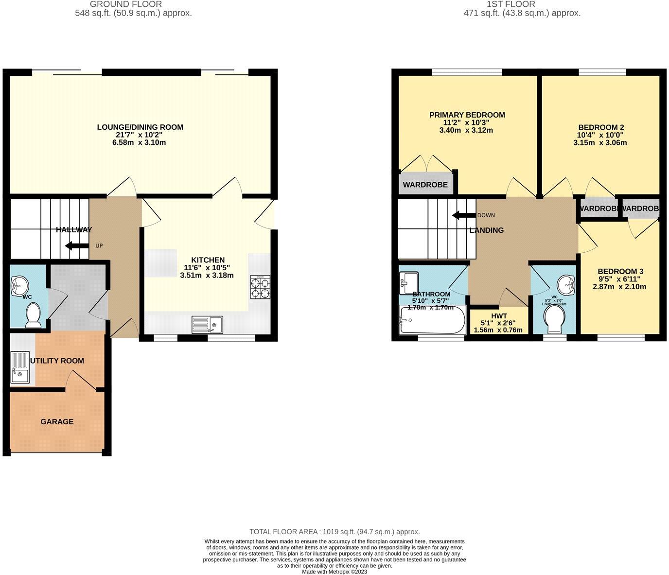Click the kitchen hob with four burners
point(260,287)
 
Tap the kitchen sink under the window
point(207,324)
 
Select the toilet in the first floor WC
point(554,319)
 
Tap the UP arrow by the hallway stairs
point(77,245)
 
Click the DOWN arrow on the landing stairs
point(463,215)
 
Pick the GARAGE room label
point(57,421)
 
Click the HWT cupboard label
point(498,316)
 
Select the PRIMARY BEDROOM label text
point(467,115)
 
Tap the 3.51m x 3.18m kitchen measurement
point(207,275)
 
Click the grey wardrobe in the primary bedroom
point(425,184)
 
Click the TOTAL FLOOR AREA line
point(334,532)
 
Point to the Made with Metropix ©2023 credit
point(334,572)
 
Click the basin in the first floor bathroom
point(409,282)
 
